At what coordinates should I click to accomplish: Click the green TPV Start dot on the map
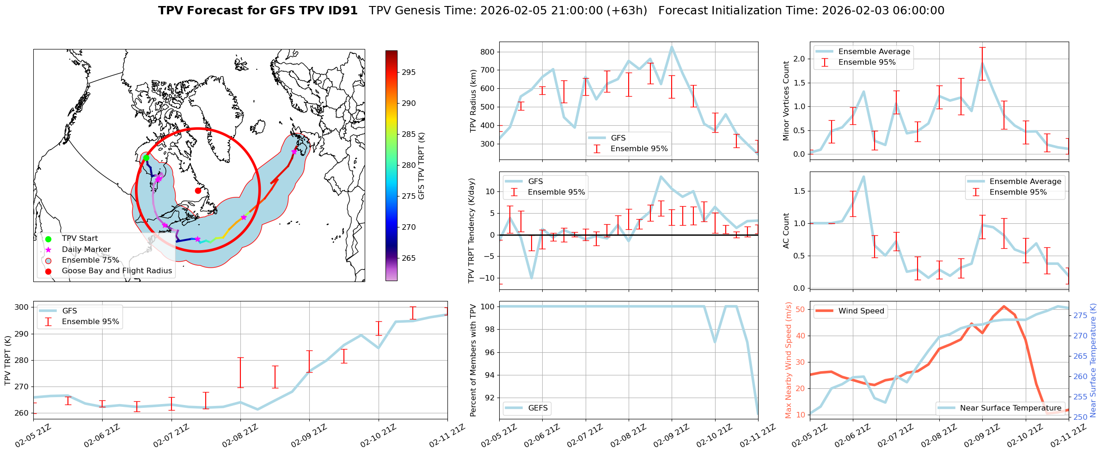click(146, 158)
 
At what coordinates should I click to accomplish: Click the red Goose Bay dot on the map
click(198, 190)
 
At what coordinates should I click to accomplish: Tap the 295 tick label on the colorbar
click(409, 72)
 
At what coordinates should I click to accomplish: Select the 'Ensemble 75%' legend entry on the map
click(90, 260)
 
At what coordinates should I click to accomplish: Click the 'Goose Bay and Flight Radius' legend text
click(116, 271)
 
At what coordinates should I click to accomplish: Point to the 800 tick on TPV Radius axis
click(487, 52)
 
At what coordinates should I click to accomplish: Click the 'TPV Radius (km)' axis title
click(473, 101)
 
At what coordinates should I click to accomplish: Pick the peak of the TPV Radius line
click(672, 47)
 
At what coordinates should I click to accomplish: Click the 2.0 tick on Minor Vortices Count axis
click(799, 59)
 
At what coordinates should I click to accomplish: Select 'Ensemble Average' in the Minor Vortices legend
click(874, 52)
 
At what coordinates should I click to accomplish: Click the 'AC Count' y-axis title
click(786, 231)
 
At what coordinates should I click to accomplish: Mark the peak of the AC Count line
click(863, 177)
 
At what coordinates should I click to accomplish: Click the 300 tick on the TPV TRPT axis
click(22, 307)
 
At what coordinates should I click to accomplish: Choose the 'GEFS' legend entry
click(538, 408)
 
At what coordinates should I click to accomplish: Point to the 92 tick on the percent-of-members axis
click(489, 398)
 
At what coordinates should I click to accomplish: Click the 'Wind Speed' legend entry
click(861, 311)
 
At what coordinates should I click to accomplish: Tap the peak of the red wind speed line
click(1004, 306)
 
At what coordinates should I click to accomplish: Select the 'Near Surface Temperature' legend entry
click(1010, 408)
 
